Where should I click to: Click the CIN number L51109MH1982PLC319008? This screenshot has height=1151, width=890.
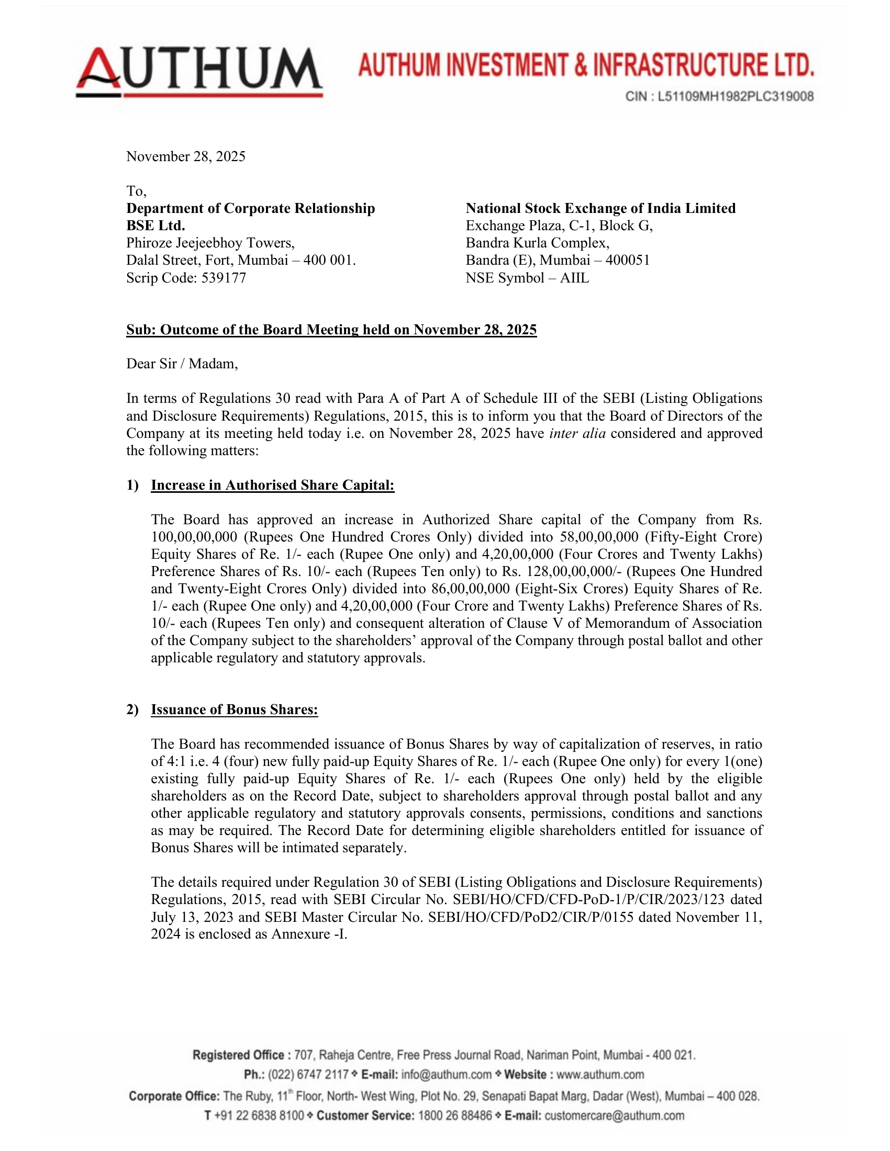coord(736,96)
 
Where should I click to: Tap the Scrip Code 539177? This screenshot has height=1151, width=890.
coord(224,278)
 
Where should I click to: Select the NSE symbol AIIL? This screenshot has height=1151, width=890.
coord(575,278)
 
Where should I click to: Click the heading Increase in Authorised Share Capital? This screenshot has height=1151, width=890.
coord(273,485)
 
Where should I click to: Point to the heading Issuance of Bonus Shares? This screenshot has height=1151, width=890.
coord(235,709)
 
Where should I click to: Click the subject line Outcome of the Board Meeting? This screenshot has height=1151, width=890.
coord(331,330)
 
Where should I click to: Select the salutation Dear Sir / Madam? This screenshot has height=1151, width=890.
coord(182,364)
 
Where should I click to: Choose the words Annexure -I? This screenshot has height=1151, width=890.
coord(309,934)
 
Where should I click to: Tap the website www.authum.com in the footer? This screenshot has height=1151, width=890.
coord(600,1074)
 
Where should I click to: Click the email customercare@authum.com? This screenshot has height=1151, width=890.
coord(614,1115)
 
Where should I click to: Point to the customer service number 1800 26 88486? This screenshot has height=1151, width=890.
coord(454,1115)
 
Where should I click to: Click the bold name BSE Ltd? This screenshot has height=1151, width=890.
coord(155,225)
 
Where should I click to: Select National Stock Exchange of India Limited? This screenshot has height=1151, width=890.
coord(600,208)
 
